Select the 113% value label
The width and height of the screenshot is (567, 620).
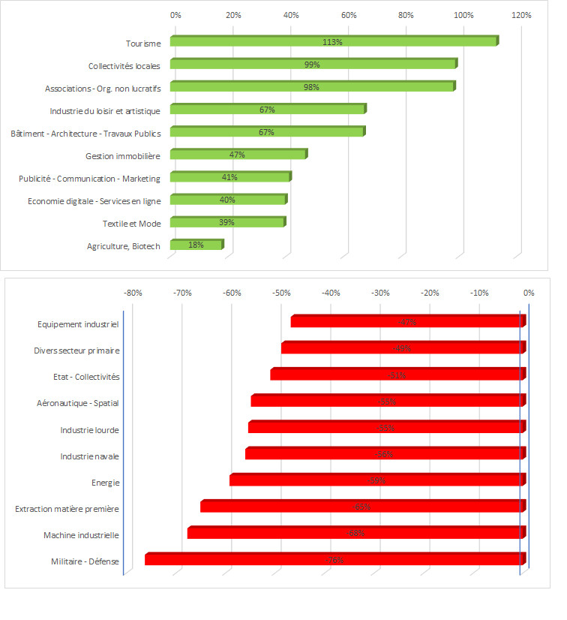(x=332, y=42)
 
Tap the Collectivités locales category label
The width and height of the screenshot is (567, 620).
(x=124, y=65)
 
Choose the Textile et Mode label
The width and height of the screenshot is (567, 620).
(x=131, y=223)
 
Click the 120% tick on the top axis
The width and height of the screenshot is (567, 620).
(x=521, y=15)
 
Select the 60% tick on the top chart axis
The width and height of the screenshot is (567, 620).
(x=349, y=15)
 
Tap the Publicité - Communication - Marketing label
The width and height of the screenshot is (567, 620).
(x=89, y=178)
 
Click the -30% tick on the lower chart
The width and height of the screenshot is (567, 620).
(x=380, y=293)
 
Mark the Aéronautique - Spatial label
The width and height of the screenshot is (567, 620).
(x=78, y=403)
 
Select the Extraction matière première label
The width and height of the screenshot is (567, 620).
(x=67, y=509)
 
